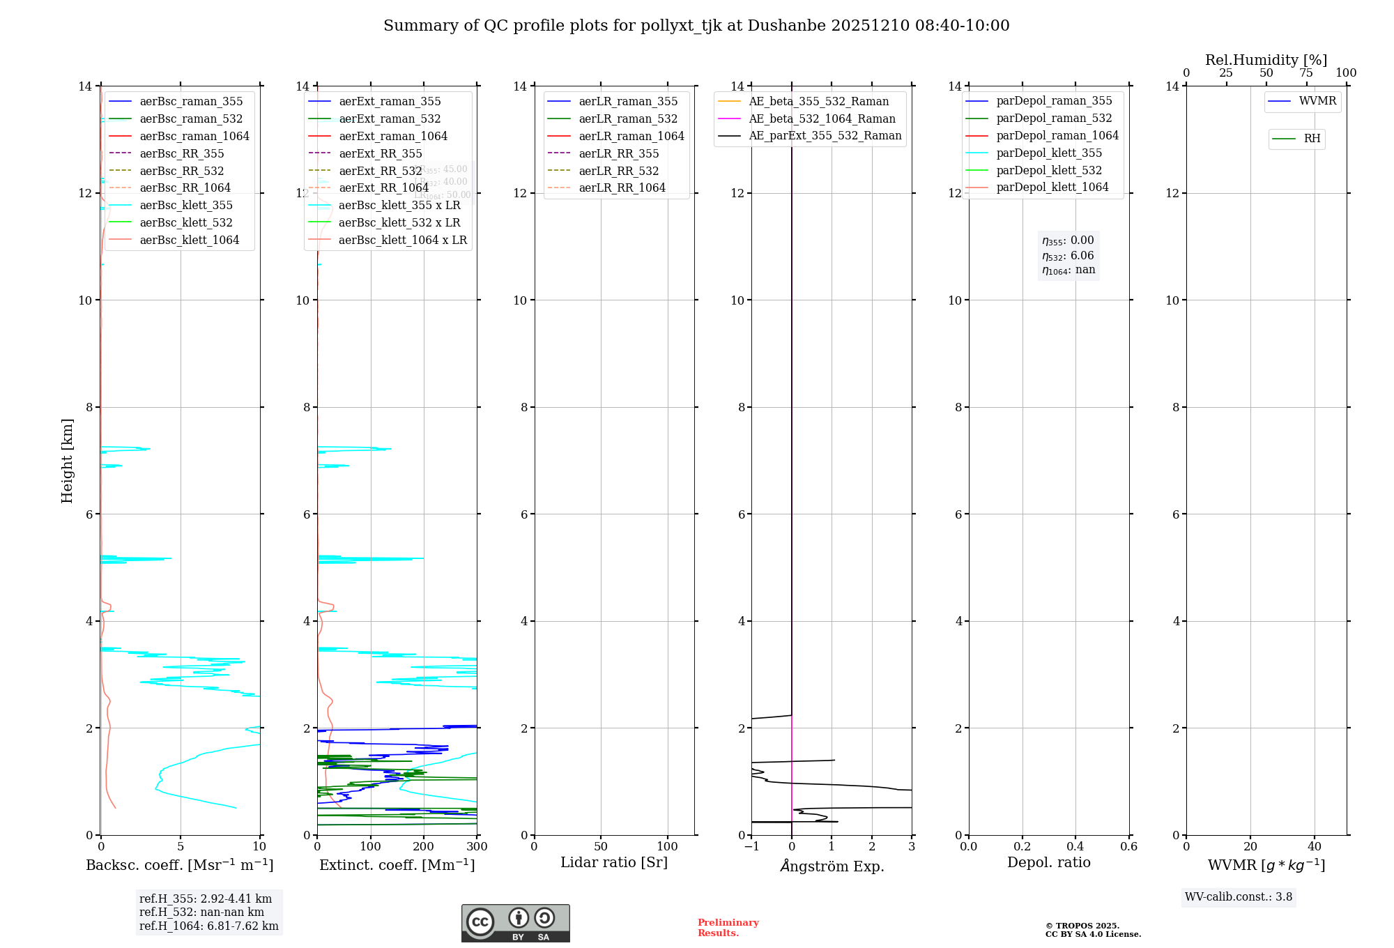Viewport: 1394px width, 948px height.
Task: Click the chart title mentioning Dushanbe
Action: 696,26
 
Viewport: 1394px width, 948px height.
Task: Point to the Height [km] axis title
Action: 67,461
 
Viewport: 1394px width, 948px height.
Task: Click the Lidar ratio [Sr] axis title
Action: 614,863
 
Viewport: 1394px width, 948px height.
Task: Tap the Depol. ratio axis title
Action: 1049,863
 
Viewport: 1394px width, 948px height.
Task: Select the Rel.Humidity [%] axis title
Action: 1266,60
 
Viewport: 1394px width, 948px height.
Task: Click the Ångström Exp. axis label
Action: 832,866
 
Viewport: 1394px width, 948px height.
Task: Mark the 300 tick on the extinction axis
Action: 477,847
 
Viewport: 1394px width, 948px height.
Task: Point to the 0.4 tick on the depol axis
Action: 1075,847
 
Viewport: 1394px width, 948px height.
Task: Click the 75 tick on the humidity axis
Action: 1306,73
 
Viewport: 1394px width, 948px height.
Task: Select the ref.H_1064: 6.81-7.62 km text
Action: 209,926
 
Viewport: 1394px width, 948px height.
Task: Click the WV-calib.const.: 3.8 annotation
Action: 1239,897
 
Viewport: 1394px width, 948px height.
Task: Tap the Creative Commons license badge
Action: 516,924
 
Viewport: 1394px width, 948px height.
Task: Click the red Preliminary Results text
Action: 728,928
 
